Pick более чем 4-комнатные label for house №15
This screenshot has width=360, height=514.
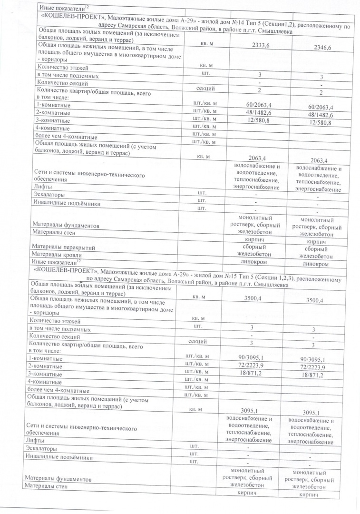(x=59, y=390)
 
